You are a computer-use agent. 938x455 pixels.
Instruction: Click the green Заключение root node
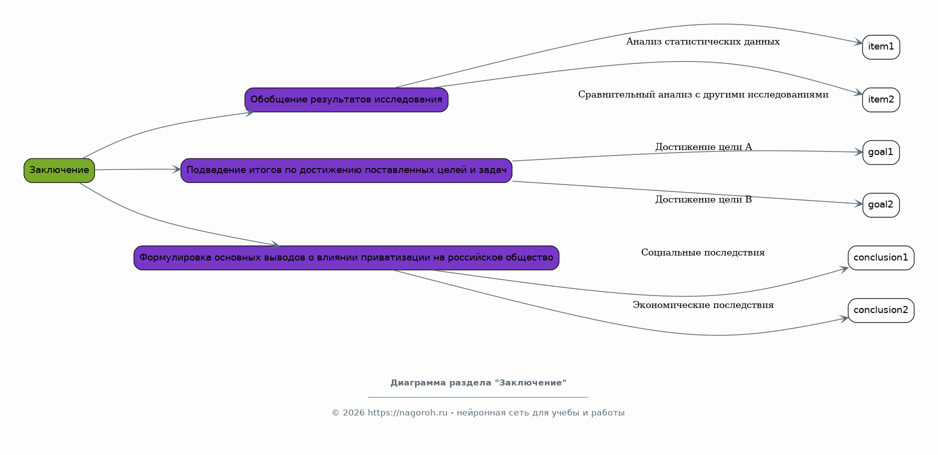[59, 170]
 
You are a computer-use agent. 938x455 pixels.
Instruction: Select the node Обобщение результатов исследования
[346, 100]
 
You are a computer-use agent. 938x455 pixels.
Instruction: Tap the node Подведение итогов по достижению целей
[346, 170]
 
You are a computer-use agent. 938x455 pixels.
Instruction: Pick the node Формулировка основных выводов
[346, 258]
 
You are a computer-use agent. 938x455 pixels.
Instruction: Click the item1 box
[881, 47]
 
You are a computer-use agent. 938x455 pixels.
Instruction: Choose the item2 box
[881, 100]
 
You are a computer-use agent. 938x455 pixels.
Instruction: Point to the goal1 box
[881, 152]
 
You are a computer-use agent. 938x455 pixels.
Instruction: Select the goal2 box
[881, 205]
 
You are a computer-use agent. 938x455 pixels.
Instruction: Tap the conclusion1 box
[881, 258]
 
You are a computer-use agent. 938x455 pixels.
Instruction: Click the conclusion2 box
[881, 310]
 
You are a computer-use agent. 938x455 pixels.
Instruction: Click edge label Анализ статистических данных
[703, 41]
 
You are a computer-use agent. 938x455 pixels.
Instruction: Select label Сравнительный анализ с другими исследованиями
[703, 94]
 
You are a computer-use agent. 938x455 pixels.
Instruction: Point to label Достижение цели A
[704, 147]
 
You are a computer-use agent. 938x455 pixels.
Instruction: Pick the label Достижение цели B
[704, 199]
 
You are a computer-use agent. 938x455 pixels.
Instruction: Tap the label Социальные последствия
[703, 252]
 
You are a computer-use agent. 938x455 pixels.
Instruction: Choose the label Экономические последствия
[703, 305]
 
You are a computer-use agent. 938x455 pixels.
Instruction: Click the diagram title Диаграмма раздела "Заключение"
[478, 383]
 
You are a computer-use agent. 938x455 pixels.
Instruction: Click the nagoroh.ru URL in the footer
[408, 413]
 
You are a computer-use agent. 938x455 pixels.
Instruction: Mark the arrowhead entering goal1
[859, 152]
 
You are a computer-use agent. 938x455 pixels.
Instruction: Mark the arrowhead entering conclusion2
[844, 318]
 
